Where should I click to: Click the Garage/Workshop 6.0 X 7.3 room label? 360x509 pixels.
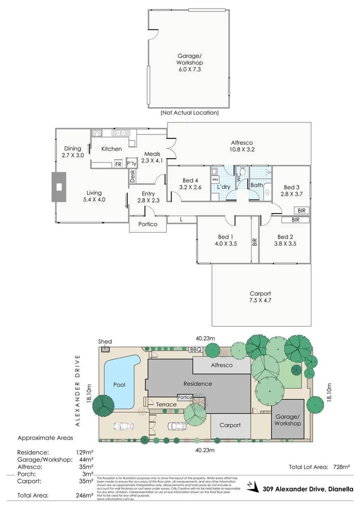pyautogui.click(x=189, y=63)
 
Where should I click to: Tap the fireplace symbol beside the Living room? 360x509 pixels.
pyautogui.click(x=59, y=187)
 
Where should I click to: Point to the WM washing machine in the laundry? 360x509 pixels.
pyautogui.click(x=215, y=178)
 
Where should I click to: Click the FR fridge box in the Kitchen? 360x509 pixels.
pyautogui.click(x=118, y=163)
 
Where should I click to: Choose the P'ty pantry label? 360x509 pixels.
pyautogui.click(x=131, y=163)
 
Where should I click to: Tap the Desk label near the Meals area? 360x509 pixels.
pyautogui.click(x=132, y=175)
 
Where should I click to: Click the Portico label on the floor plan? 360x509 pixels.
pyautogui.click(x=147, y=224)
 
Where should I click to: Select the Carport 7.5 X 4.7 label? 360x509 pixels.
pyautogui.click(x=260, y=297)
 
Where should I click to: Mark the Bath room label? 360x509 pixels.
pyautogui.click(x=256, y=185)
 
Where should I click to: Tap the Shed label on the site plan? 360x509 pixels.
pyautogui.click(x=105, y=341)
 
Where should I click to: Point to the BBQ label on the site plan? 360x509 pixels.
pyautogui.click(x=195, y=349)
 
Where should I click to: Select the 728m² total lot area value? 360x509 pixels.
pyautogui.click(x=341, y=467)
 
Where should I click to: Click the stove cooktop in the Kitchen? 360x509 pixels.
pyautogui.click(x=97, y=133)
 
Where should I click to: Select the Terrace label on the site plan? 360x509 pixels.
pyautogui.click(x=166, y=404)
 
